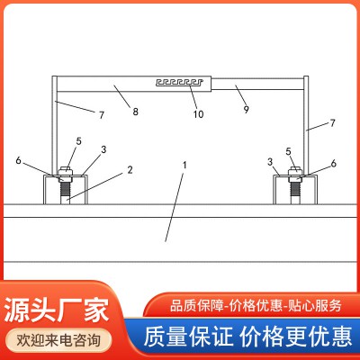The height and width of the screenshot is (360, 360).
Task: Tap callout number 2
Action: pyautogui.click(x=130, y=168)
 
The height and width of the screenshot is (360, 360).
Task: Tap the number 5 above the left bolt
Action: pyautogui.click(x=78, y=141)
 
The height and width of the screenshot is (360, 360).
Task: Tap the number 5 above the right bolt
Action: pyautogui.click(x=288, y=151)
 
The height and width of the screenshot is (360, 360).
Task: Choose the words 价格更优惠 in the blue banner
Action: pyautogui.click(x=293, y=337)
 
